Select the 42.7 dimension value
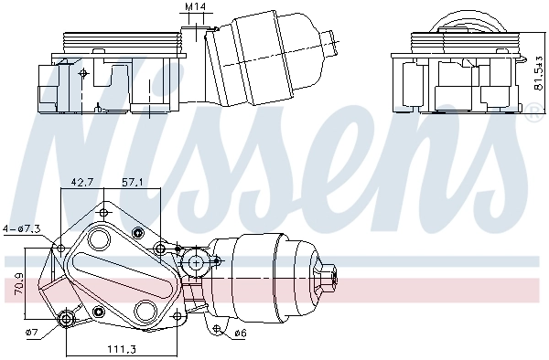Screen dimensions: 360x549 point(82,182)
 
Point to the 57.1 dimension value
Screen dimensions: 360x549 point(134,182)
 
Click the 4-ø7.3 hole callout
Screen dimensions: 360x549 point(21,228)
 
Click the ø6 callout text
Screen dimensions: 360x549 point(241,333)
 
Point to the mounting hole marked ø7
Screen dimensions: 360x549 point(66,318)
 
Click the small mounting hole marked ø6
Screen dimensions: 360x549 point(215,323)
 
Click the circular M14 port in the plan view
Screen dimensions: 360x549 point(193,264)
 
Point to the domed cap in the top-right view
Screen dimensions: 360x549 point(468,22)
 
